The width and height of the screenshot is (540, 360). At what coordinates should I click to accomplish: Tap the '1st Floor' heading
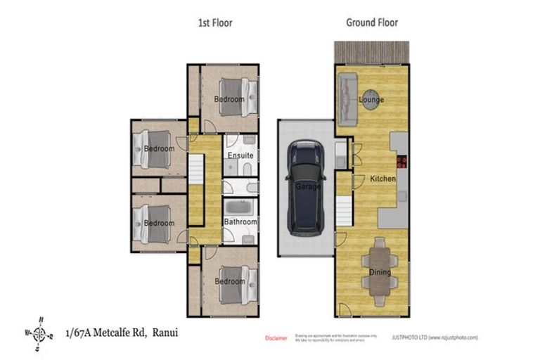click(214, 22)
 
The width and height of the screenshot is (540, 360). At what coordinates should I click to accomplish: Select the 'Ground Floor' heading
click(371, 22)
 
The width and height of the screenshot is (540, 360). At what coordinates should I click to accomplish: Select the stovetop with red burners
click(402, 162)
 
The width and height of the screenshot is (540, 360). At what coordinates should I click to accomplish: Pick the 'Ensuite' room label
click(240, 155)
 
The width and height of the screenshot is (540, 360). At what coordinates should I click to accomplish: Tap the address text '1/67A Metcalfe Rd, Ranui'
click(122, 332)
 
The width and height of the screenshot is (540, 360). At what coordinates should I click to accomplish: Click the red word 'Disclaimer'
click(276, 338)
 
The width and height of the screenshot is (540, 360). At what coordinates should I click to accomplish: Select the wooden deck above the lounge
click(371, 51)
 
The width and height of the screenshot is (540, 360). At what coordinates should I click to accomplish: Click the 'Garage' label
click(307, 187)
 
